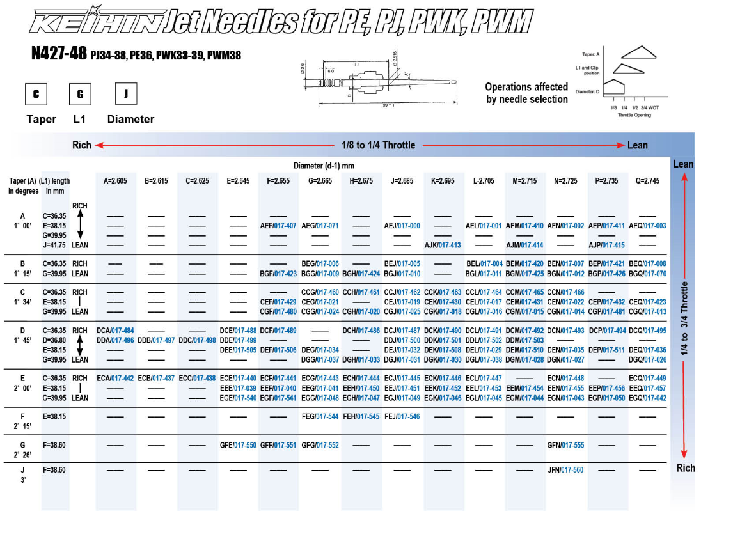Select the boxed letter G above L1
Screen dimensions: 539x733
click(x=80, y=94)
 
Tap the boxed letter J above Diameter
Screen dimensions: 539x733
click(x=126, y=93)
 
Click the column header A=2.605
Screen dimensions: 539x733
click(x=115, y=181)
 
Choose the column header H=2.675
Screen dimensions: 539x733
click(x=361, y=181)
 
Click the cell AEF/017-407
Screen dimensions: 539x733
click(x=278, y=226)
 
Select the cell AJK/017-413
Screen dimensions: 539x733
click(x=443, y=245)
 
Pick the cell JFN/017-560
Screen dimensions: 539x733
click(x=565, y=470)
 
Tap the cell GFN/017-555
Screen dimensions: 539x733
click(x=565, y=445)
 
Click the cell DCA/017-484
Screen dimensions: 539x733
click(x=115, y=331)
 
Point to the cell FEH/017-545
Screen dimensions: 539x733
click(x=361, y=417)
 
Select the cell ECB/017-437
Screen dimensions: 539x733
click(x=156, y=379)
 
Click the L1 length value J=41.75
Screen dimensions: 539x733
click(x=55, y=245)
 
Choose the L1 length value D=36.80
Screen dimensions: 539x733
click(x=55, y=340)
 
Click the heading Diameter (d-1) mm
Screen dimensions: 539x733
click(x=324, y=166)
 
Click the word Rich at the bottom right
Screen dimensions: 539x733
click(x=685, y=468)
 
